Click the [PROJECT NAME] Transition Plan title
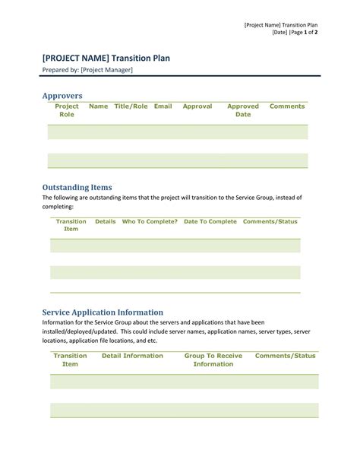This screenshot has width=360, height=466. pos(111,58)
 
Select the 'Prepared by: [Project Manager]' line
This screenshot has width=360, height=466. pos(87,71)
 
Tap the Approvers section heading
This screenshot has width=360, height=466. pos(62,95)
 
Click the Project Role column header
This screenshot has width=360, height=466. pos(67,110)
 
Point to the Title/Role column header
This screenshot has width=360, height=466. pos(131,106)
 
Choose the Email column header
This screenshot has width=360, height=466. pos(163,106)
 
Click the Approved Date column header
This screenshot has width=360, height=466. pos(243,110)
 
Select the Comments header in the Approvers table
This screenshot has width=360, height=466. pos(287,106)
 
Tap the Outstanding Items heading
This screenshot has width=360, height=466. pos(77,187)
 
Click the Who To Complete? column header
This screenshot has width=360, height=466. pos(150,221)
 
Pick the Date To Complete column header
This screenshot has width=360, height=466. pos(210,221)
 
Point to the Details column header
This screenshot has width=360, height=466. pos(106,221)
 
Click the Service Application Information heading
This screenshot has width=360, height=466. pos(103,312)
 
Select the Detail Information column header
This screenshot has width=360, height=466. pos(132,356)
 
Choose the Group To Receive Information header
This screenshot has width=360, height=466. pos(213,360)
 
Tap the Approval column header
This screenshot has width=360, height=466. pos(197,106)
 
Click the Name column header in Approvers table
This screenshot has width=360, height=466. pos(99,106)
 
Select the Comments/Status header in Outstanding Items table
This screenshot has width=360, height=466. pos(270,221)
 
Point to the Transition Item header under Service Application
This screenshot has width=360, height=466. pos(70,360)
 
